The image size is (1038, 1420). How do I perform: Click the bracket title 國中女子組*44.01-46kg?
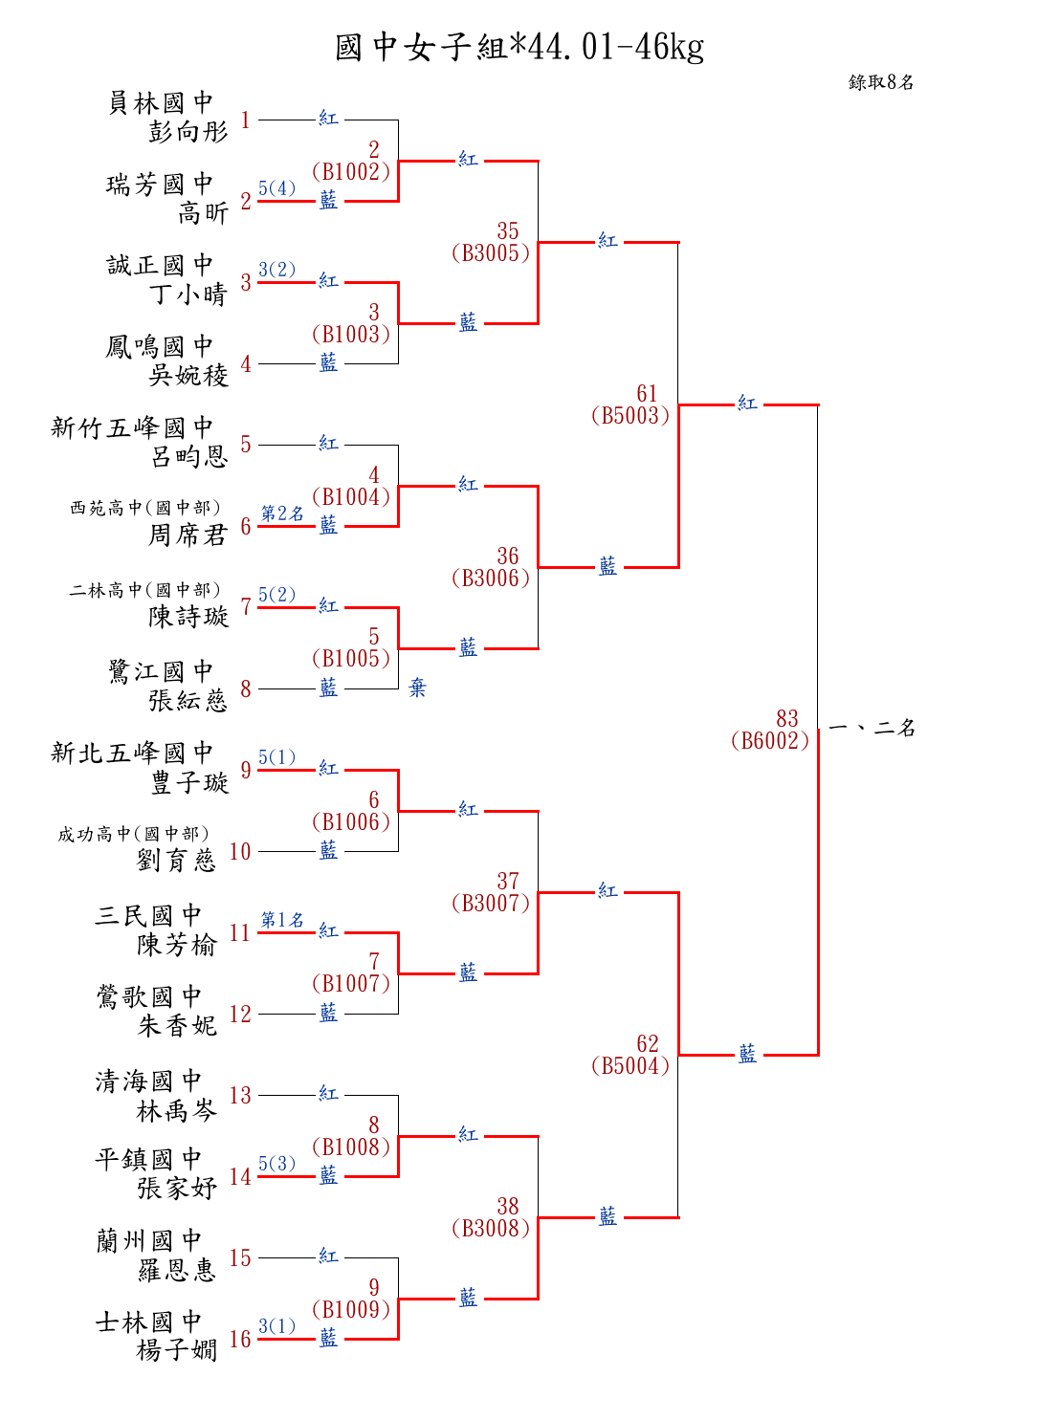pos(519,47)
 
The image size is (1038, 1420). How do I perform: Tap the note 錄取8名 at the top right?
pos(881,82)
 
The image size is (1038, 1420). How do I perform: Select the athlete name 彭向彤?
pos(188,132)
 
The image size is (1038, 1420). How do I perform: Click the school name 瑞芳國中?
pos(160,184)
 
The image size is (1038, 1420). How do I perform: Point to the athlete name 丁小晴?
pos(188,295)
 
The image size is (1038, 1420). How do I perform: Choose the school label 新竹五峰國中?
pos(132,427)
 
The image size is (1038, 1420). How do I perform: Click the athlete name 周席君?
pos(188,535)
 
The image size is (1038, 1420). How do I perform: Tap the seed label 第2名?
pos(282,513)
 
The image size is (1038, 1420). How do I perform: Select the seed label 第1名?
pos(282,919)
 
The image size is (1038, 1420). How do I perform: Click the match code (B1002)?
pos(351,172)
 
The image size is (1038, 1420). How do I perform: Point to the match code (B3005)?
pos(491,253)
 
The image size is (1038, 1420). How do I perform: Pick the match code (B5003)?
pos(630,416)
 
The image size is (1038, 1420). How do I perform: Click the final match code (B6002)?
pos(770,741)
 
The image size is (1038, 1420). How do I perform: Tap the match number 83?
pos(786,718)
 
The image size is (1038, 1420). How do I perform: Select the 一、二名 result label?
pos(872,728)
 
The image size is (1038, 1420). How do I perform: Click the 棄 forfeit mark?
pos(417,688)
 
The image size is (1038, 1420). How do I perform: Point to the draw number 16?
pos(240,1339)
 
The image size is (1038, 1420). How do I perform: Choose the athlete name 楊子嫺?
pos(177,1350)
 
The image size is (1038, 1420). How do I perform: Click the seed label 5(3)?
pos(276,1164)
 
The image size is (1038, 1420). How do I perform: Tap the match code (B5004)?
pos(630,1066)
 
